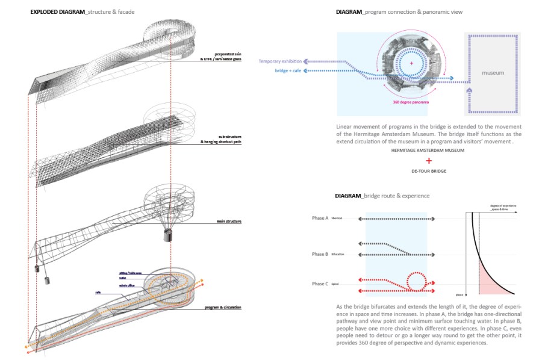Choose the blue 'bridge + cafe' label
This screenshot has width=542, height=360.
288,71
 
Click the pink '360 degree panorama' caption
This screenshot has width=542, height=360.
413,102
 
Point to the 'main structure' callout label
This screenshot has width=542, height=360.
229,222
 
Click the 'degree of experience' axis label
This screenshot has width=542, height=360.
503,206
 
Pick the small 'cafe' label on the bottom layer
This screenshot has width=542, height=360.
98,293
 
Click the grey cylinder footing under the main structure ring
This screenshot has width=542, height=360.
166,235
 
